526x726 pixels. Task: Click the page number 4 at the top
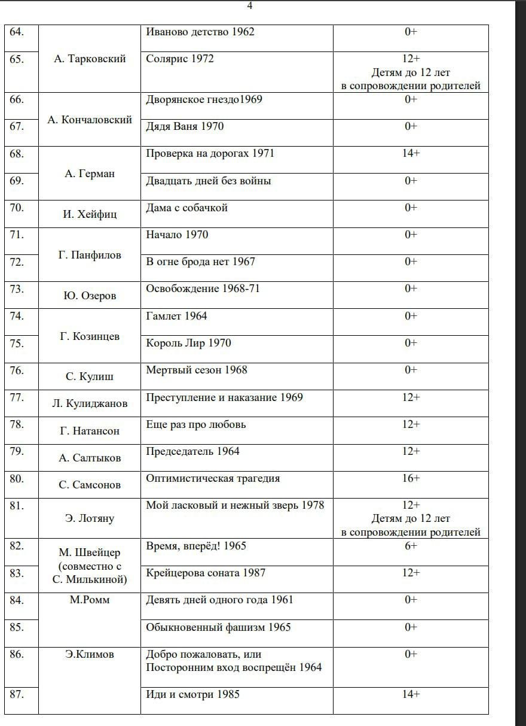pos(250,6)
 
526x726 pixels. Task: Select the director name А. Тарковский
pos(90,59)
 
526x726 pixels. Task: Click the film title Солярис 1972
pos(180,59)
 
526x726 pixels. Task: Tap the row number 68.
pos(17,154)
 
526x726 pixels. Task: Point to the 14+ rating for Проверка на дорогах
pos(411,153)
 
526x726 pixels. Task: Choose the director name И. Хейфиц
pos(90,214)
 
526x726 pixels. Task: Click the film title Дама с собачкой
pos(187,208)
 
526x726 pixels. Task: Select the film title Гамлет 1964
pos(177,316)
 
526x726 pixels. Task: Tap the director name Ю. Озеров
pos(90,296)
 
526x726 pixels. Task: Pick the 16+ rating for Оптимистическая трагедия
pos(411,478)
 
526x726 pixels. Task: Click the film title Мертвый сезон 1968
pos(197,370)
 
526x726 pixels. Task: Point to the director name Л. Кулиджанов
pos(90,403)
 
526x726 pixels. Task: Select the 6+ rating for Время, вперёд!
pos(411,546)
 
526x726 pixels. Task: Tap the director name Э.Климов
pos(90,654)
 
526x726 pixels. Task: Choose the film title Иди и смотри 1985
pos(193,694)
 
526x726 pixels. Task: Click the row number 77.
pos(17,397)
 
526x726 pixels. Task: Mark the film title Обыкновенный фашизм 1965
pos(219,627)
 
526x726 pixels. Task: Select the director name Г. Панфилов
pos(90,255)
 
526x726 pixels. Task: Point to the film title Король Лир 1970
pos(189,343)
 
